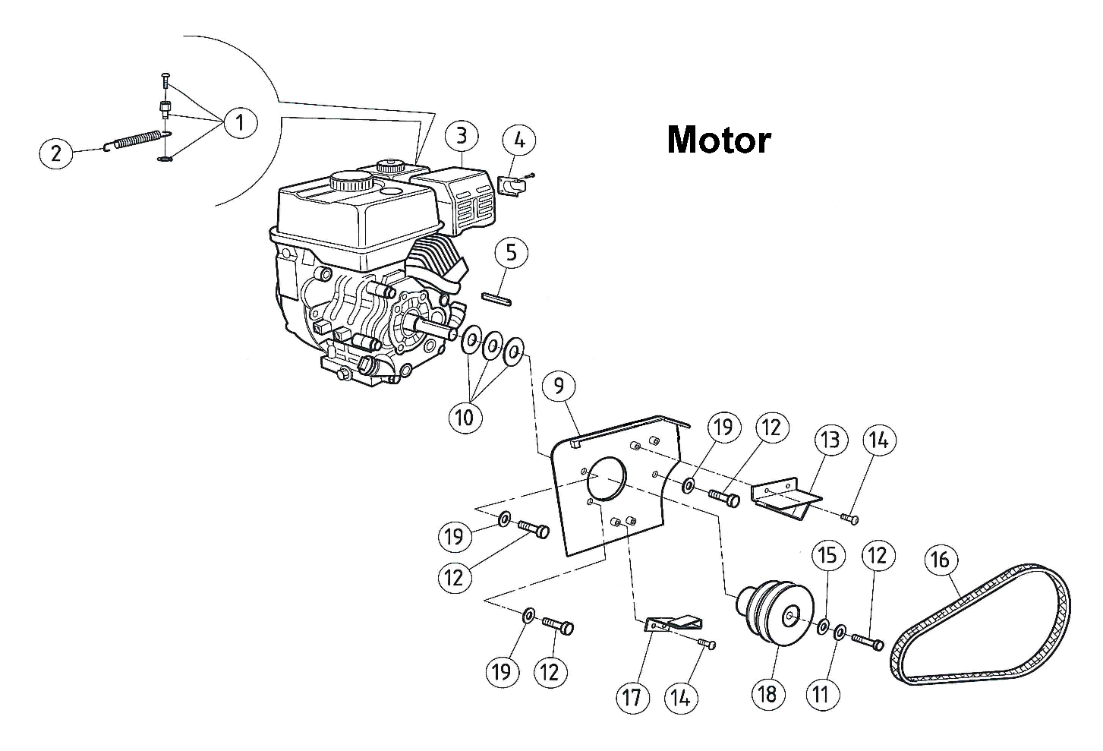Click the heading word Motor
(x=718, y=140)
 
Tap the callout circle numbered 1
(x=240, y=121)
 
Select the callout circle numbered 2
(x=55, y=154)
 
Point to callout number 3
(x=462, y=136)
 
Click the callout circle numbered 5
(x=511, y=252)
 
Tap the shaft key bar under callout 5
(x=497, y=298)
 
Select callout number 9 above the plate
(x=559, y=387)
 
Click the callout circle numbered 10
(x=465, y=416)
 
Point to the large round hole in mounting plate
(x=604, y=478)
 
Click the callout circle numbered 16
(x=940, y=560)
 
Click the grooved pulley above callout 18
(x=771, y=611)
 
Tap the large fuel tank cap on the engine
(x=350, y=182)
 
